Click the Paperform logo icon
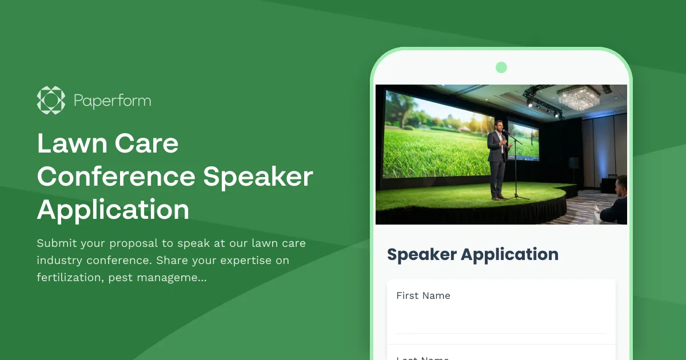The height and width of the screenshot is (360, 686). pos(51,101)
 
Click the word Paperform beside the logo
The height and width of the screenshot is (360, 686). pos(112,101)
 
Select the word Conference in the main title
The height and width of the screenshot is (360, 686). pos(116,177)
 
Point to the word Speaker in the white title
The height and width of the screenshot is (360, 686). pos(258,177)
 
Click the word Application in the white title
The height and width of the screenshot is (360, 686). pos(113,209)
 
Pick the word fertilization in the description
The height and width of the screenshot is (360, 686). pos(69,278)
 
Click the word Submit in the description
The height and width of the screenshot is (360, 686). pos(56,243)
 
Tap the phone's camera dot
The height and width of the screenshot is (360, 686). pos(501,67)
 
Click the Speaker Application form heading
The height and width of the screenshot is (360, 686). pos(473,254)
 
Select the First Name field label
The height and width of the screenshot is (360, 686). pos(423,295)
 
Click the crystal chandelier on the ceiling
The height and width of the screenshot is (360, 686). pos(579,98)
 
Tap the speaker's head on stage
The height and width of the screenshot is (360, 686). pos(498,126)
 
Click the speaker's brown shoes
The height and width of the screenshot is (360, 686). pos(498,197)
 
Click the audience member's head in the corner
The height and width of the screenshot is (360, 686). pos(621,186)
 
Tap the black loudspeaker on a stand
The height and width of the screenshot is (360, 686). pos(574,163)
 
